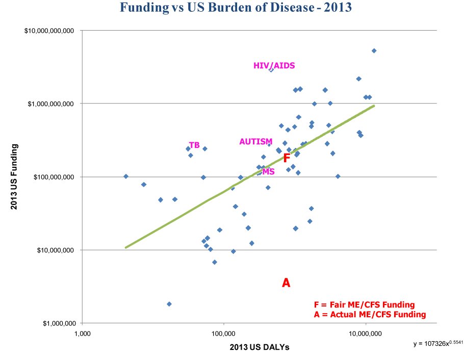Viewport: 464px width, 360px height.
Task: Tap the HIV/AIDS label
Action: [x=274, y=66]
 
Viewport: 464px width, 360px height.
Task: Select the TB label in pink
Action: [x=194, y=145]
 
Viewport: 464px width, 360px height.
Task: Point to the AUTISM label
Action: [x=255, y=142]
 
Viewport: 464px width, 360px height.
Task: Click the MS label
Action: [x=268, y=172]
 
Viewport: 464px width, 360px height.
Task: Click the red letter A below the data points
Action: [x=286, y=282]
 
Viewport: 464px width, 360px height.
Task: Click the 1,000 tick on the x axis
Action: [x=82, y=335]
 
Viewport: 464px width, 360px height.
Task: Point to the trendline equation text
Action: [x=436, y=344]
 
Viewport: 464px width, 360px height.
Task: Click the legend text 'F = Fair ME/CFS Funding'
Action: [x=364, y=305]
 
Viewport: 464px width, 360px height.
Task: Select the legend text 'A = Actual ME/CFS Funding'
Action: [x=370, y=315]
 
